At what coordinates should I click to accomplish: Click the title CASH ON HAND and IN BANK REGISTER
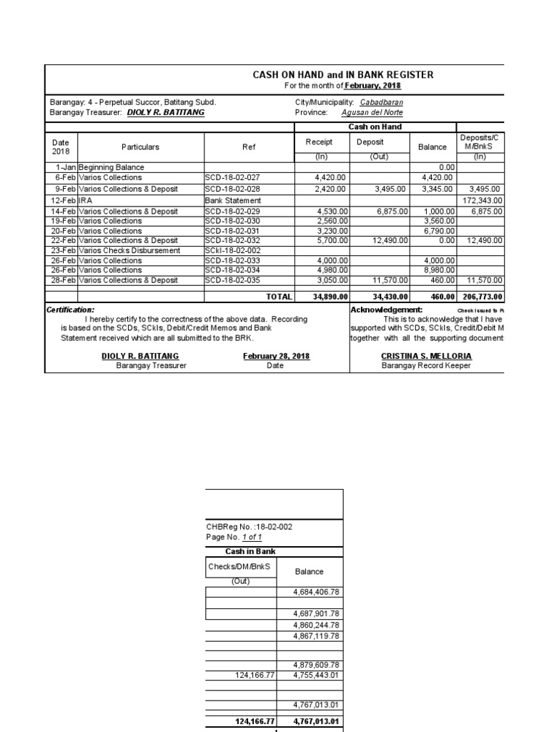click(x=343, y=75)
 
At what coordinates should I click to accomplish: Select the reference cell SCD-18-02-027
click(x=232, y=177)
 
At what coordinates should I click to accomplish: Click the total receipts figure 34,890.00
click(x=330, y=297)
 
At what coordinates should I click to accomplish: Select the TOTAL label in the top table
click(x=279, y=297)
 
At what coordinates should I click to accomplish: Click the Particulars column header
click(x=140, y=147)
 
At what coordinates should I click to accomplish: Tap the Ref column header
click(x=249, y=147)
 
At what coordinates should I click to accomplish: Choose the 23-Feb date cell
click(x=63, y=251)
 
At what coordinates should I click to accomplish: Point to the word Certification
click(x=70, y=310)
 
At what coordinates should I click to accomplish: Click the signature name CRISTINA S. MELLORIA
click(x=426, y=356)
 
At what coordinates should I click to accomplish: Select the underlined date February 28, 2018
click(x=276, y=356)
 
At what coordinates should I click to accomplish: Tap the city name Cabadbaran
click(x=381, y=102)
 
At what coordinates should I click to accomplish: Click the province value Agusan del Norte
click(x=372, y=112)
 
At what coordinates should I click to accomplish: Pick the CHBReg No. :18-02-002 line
click(x=249, y=527)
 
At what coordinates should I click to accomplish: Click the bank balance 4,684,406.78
click(x=315, y=592)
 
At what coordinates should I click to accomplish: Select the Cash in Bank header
click(x=240, y=551)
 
